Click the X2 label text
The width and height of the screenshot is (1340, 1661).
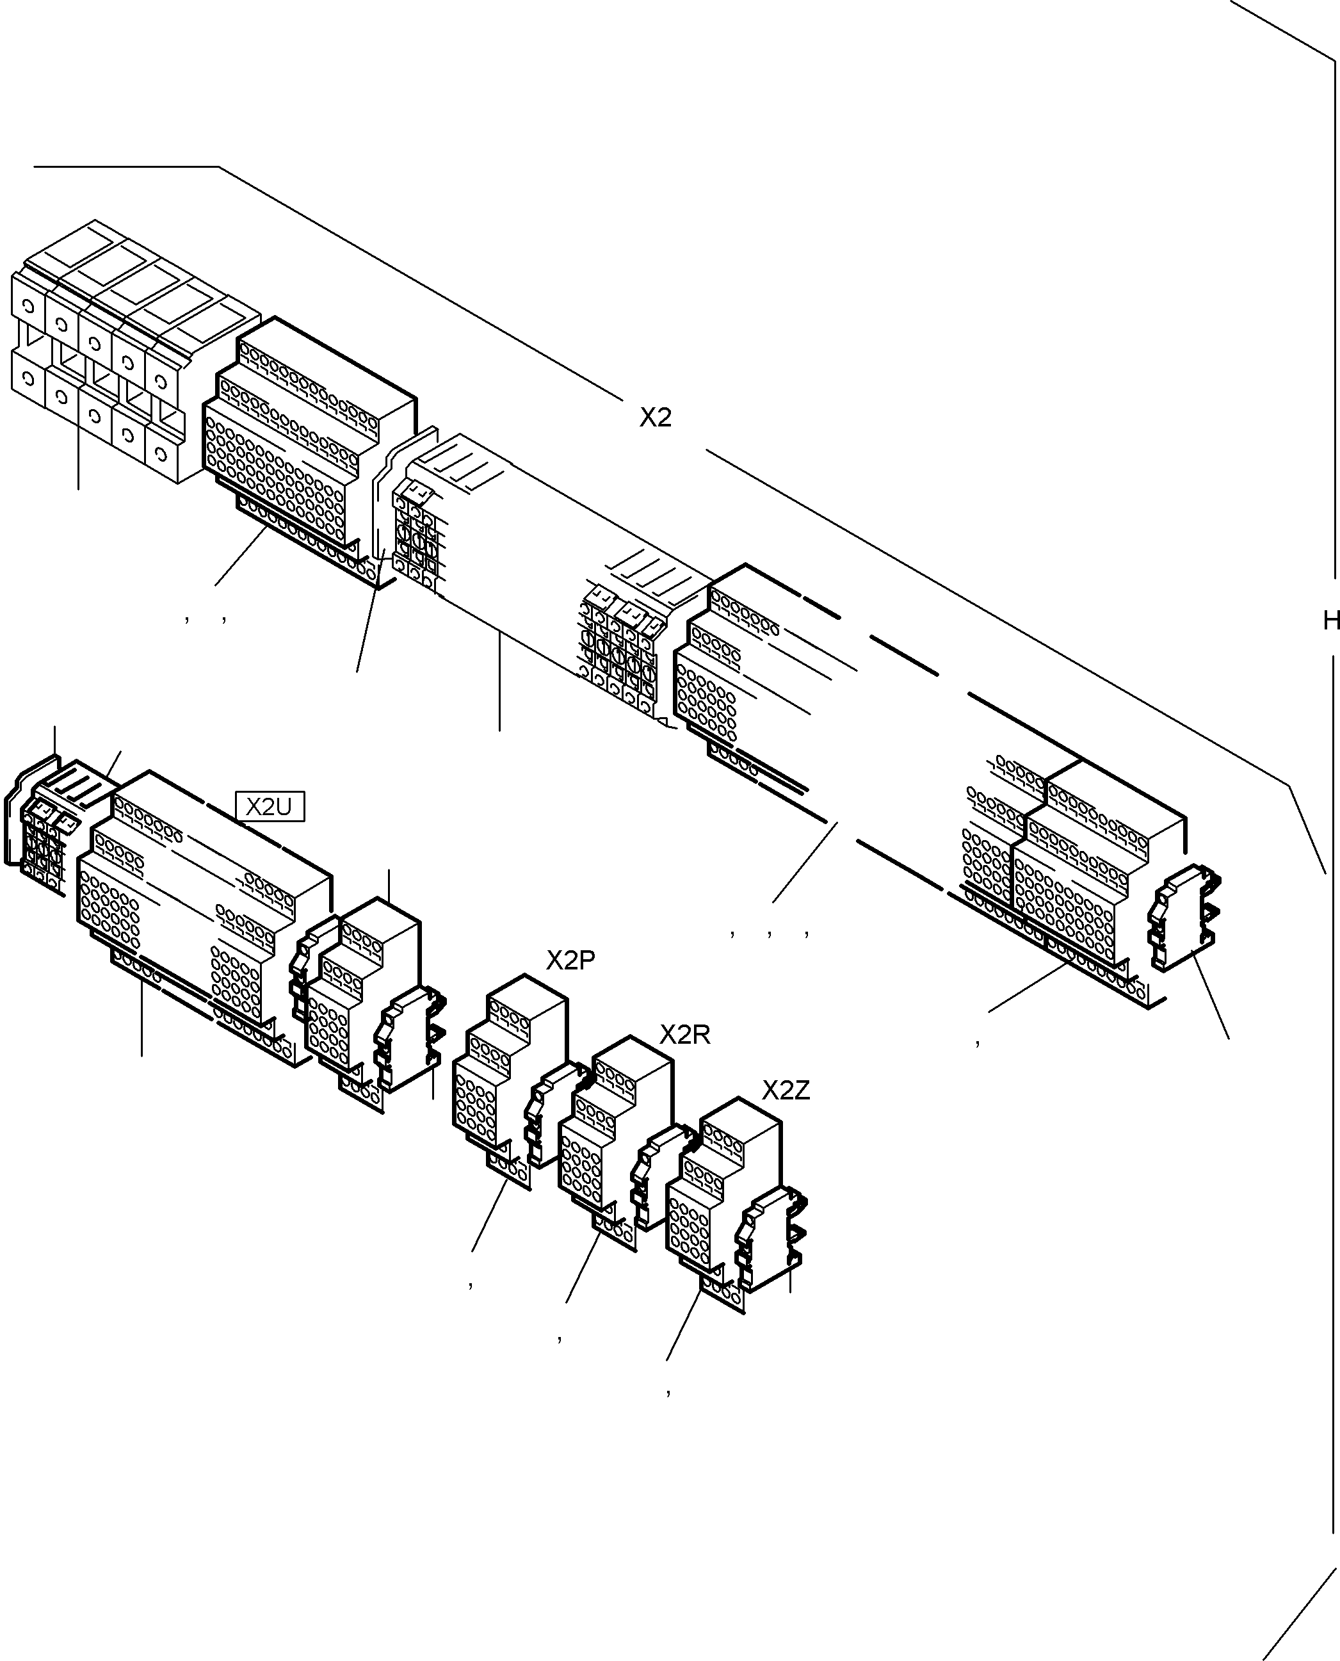656,417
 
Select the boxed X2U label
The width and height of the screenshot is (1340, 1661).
270,807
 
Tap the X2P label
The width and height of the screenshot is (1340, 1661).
570,960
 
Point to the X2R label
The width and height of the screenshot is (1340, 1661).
684,1034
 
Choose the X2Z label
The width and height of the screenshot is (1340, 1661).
786,1090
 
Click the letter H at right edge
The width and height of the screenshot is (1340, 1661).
1331,620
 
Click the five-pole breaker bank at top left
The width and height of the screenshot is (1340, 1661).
116,355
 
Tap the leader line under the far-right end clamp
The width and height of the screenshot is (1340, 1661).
1211,996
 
